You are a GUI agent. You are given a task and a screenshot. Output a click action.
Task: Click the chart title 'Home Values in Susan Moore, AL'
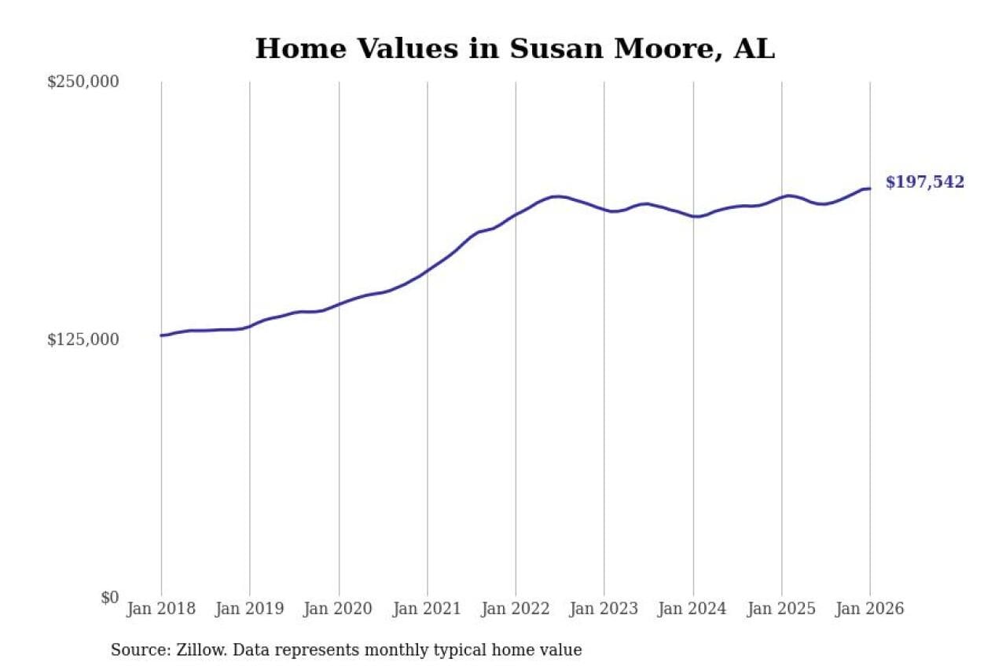tap(515, 49)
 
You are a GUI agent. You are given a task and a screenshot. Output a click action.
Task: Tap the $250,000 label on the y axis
tap(83, 82)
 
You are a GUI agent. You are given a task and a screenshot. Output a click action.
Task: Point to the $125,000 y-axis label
tap(83, 339)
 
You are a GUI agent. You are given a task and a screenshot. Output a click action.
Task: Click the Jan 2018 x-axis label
tap(161, 610)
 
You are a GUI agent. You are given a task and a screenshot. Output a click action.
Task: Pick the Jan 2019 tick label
tap(250, 610)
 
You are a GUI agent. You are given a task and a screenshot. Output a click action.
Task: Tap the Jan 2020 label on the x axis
tap(339, 610)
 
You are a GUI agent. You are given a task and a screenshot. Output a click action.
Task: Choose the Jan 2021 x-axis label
tap(428, 610)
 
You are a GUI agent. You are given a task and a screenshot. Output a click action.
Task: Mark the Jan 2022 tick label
tap(516, 610)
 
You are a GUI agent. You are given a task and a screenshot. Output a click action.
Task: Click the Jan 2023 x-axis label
tap(604, 610)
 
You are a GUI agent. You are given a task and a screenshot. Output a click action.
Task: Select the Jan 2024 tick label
tap(693, 610)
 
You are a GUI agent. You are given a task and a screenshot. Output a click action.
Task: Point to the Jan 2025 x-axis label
tap(781, 610)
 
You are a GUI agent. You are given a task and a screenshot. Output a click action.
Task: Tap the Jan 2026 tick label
tap(870, 610)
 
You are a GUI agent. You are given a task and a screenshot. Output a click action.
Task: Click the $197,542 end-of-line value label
tap(924, 183)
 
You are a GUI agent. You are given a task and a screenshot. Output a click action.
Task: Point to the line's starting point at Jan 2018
tap(162, 335)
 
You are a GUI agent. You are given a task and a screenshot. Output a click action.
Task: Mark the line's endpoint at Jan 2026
tap(870, 189)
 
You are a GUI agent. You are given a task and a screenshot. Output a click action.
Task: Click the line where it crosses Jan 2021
tap(428, 271)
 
